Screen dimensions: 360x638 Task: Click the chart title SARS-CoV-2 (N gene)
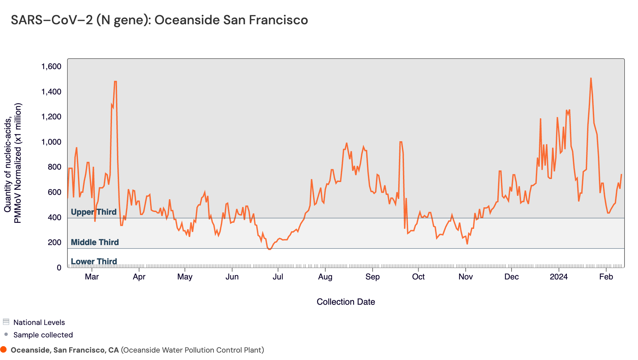[159, 20]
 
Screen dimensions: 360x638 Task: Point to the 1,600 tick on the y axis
[51, 67]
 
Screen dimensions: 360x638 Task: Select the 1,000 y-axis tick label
[51, 142]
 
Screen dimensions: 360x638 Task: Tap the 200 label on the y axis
[54, 242]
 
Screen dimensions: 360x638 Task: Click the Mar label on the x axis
[92, 277]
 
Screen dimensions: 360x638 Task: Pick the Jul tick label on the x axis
[278, 277]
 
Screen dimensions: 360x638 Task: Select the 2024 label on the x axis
[559, 277]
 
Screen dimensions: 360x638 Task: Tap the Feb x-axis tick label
[606, 277]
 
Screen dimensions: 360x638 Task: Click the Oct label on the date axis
[418, 277]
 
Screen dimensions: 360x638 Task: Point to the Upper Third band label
[93, 212]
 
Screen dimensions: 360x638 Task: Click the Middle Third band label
[95, 242]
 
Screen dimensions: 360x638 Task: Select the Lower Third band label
[94, 262]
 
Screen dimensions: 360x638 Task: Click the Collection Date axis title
[346, 302]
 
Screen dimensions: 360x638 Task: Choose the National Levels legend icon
[6, 322]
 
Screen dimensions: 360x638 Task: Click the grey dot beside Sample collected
[6, 334]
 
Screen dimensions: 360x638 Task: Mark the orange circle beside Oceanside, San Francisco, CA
[4, 350]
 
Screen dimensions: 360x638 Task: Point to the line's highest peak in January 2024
[591, 78]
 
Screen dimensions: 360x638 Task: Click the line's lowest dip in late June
[269, 249]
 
